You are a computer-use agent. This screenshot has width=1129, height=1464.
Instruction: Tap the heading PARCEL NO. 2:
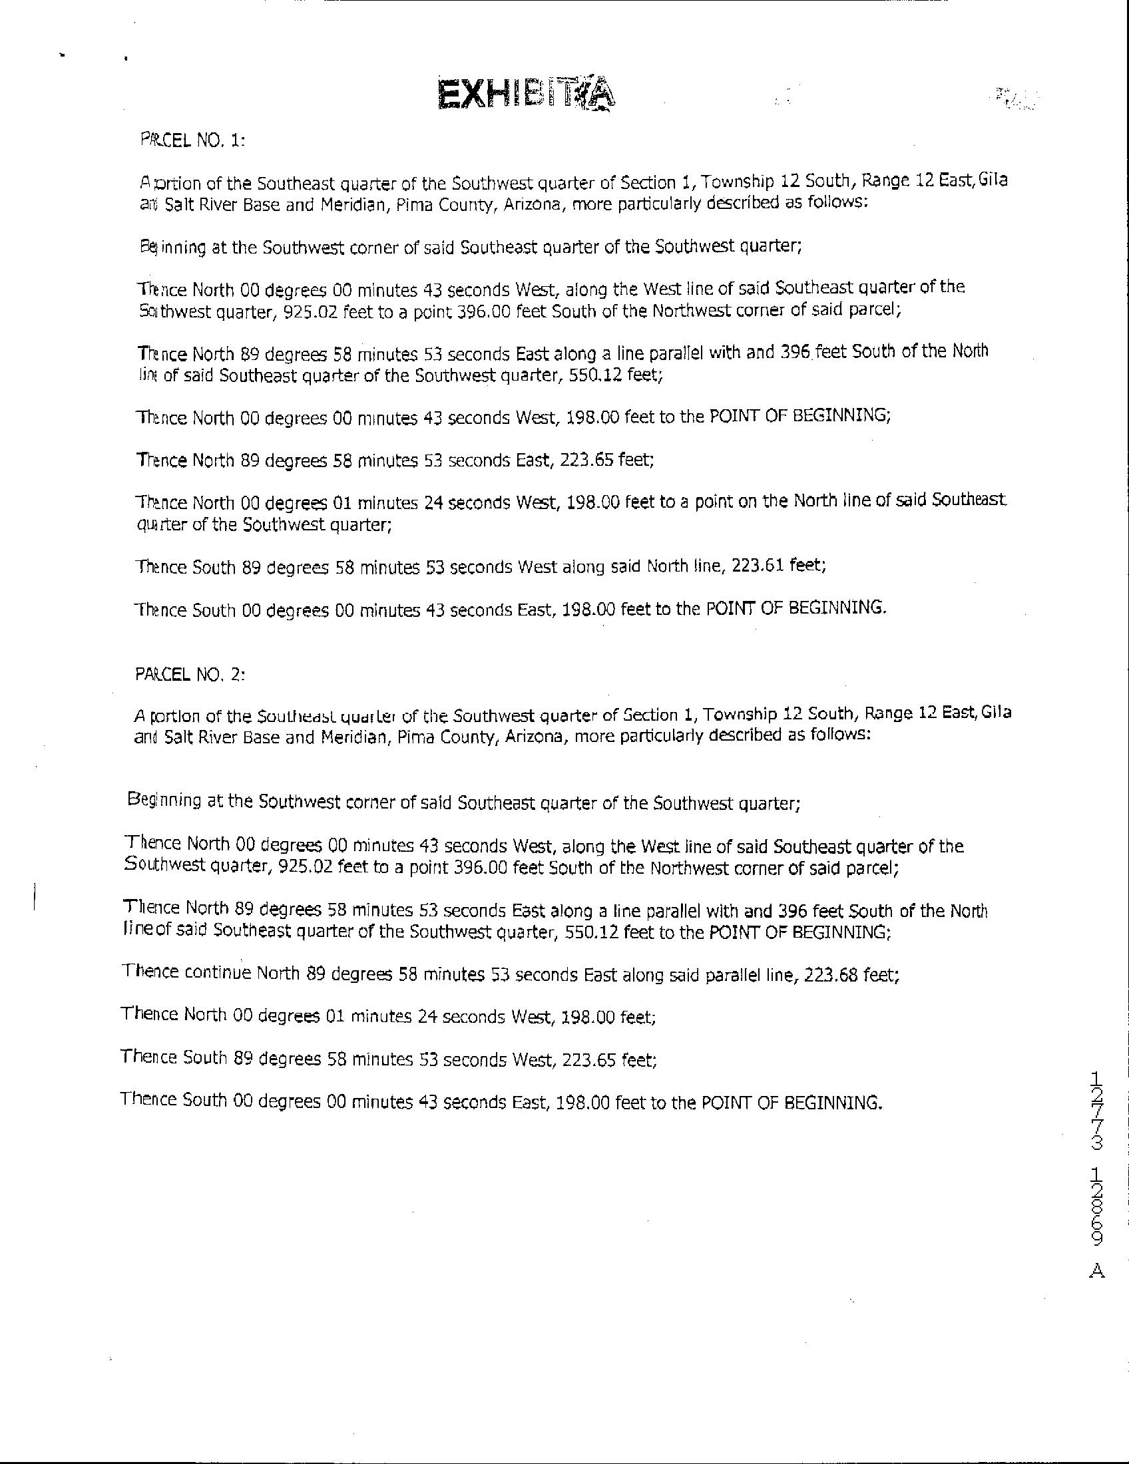[190, 674]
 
